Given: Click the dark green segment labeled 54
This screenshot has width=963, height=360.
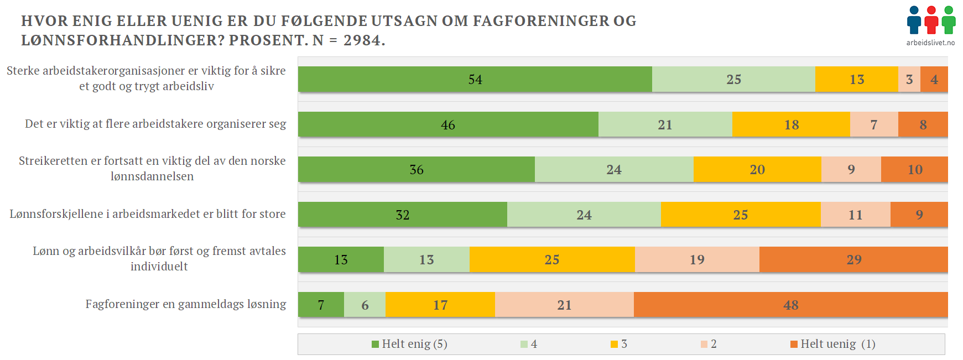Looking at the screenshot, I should (x=475, y=79).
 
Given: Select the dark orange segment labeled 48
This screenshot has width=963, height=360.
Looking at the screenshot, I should (x=790, y=305).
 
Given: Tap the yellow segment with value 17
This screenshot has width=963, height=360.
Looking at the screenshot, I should (x=440, y=305).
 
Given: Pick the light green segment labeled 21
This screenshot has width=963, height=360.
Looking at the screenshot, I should (x=665, y=124).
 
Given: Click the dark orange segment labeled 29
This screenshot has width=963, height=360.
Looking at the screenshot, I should (x=853, y=259).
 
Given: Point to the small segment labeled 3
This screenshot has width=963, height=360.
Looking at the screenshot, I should (x=909, y=79).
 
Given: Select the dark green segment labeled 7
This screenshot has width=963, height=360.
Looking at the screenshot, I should (x=321, y=305).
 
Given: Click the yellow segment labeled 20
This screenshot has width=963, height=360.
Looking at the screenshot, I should (x=757, y=169).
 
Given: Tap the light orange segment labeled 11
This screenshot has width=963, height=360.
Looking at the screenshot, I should (x=855, y=215).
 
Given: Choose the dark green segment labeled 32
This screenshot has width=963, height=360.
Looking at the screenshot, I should (x=403, y=215).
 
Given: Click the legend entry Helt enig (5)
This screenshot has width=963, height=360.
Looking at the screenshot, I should (x=409, y=344).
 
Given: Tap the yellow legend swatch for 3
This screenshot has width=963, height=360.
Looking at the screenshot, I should (x=614, y=345).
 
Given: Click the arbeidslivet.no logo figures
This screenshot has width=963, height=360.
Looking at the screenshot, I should (x=931, y=20).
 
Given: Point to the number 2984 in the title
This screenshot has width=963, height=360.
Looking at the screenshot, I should (x=362, y=40).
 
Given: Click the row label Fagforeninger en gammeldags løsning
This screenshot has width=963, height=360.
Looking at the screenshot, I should (x=186, y=304).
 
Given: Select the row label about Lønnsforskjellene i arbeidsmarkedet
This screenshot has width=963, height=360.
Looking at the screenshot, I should (x=148, y=214).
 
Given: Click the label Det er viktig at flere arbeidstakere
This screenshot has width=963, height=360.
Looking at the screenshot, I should (x=155, y=124).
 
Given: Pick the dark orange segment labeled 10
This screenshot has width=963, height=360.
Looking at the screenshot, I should (x=914, y=169).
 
